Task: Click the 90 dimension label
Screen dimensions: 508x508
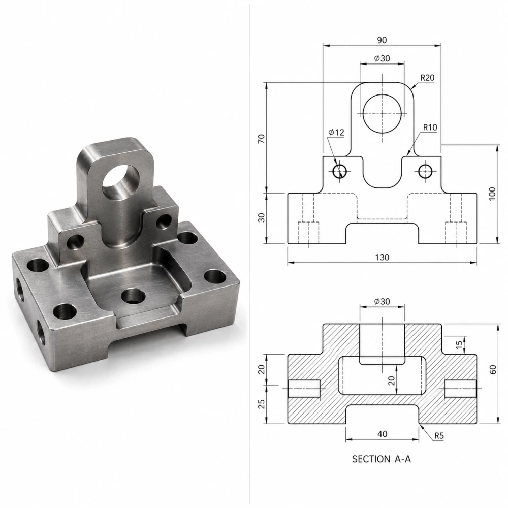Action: point(382,40)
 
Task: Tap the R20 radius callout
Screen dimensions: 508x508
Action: point(427,78)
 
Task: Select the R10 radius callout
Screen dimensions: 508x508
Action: point(430,128)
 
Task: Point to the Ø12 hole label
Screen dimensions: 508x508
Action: point(336,132)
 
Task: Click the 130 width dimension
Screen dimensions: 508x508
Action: point(382,257)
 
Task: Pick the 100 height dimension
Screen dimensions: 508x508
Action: point(492,194)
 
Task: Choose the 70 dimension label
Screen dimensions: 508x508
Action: point(261,139)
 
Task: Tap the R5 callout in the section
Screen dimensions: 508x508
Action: point(439,436)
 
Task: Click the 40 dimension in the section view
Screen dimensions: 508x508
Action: point(383,434)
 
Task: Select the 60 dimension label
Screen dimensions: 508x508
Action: point(492,369)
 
